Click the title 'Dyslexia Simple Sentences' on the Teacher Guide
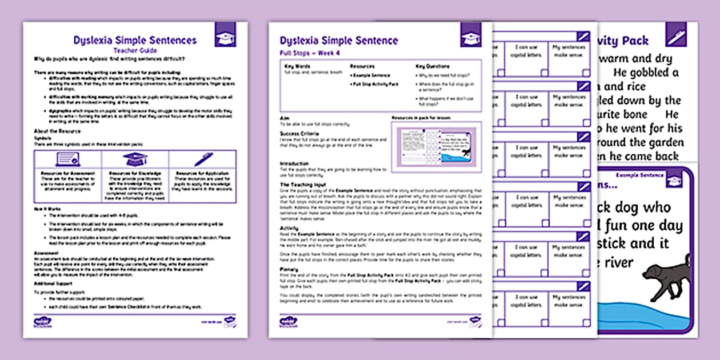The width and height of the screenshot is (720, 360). tap(135, 40)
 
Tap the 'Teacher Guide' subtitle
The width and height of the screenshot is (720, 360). tap(135, 50)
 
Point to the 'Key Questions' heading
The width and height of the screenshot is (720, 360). tap(433, 66)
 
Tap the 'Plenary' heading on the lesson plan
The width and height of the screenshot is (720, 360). tap(289, 269)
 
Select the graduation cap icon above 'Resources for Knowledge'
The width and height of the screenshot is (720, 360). tap(135, 159)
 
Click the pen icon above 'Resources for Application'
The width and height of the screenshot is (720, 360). tap(203, 159)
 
